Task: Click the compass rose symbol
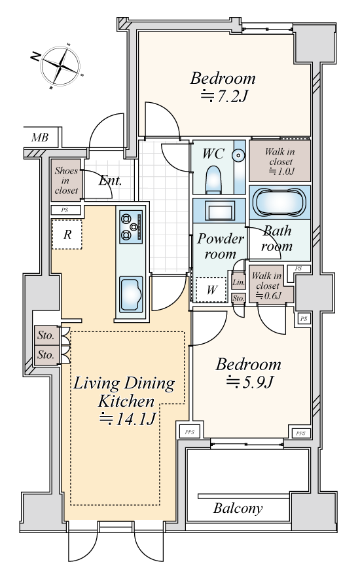[x=60, y=66]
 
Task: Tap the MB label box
[x=41, y=138]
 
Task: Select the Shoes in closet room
[x=66, y=180]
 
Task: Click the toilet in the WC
[x=213, y=179]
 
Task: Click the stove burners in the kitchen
[x=131, y=227]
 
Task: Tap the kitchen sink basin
[x=131, y=295]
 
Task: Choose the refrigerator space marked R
[x=67, y=234]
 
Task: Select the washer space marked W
[x=211, y=289]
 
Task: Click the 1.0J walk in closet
[x=280, y=161]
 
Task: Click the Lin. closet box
[x=239, y=282]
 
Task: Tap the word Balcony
[x=238, y=508]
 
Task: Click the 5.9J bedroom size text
[x=249, y=382]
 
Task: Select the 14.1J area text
[x=127, y=419]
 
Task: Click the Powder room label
[x=221, y=246]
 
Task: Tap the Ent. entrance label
[x=111, y=181]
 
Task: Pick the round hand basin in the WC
[x=239, y=156]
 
